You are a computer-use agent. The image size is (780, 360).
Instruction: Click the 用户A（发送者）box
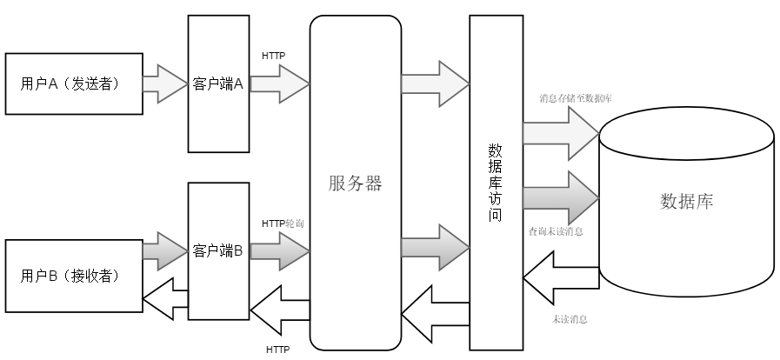coord(73,83)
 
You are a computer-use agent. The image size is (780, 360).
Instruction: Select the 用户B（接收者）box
coord(73,276)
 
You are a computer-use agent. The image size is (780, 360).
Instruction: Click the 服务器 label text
coord(356,183)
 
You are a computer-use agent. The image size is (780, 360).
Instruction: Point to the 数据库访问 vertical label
coord(496,183)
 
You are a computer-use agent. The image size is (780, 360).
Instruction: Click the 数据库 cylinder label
coord(687,201)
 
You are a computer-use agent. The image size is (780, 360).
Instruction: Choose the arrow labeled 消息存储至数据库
coord(560,132)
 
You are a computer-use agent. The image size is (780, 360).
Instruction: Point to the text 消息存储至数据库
coord(575,99)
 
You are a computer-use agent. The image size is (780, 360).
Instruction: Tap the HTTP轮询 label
coord(282,223)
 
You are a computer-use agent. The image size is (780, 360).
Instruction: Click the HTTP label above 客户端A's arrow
coord(274,57)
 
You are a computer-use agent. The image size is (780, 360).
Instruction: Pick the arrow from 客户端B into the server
coord(280,250)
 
